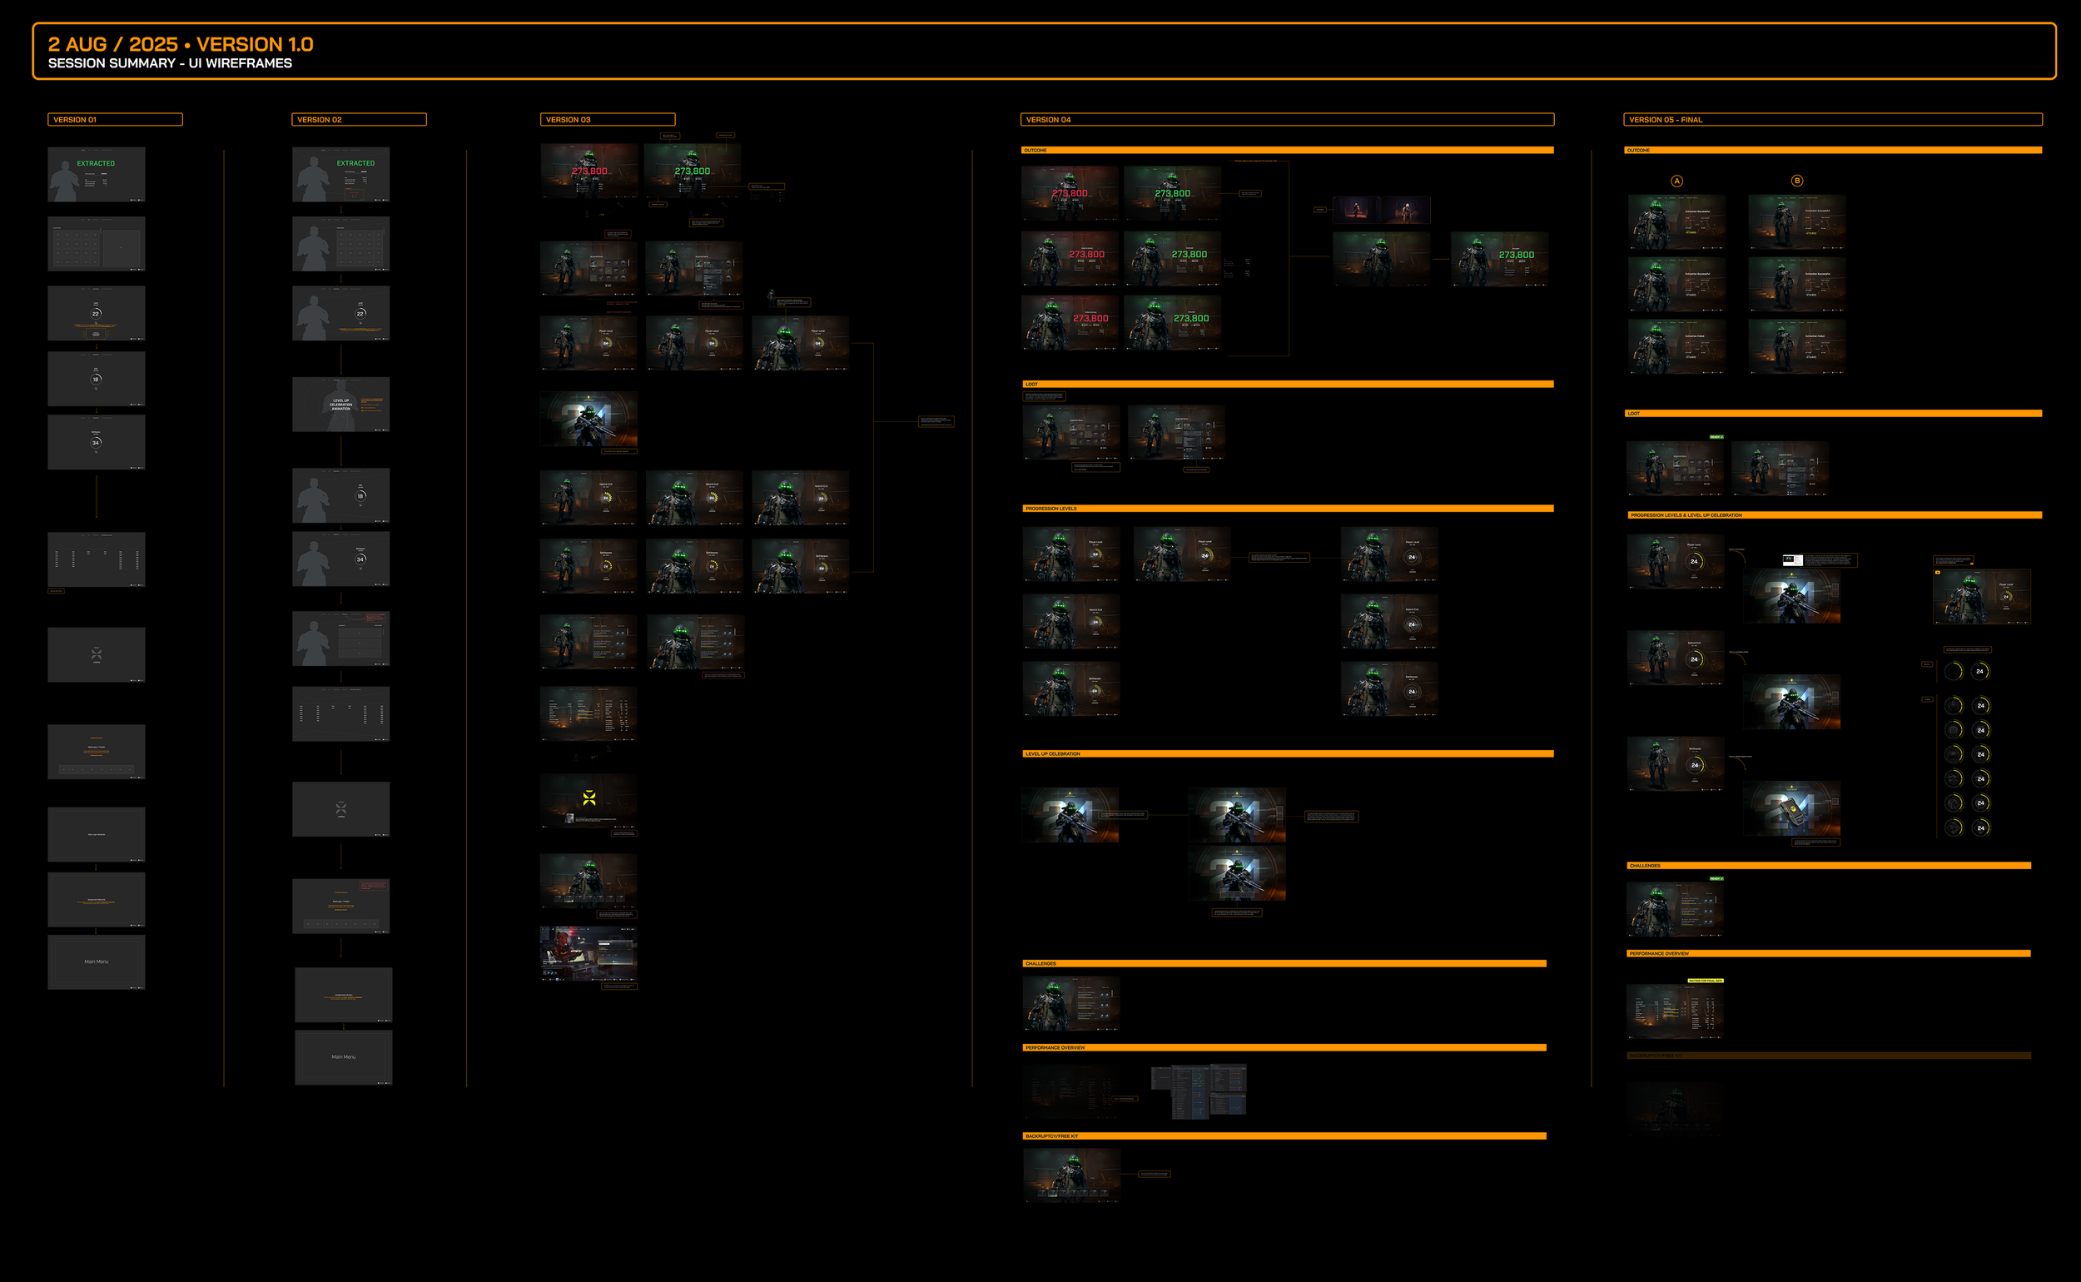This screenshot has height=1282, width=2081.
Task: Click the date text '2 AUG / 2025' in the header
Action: (112, 44)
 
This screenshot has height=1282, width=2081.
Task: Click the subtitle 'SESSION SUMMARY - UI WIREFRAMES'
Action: (170, 63)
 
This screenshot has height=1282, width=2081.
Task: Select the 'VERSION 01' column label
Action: (76, 120)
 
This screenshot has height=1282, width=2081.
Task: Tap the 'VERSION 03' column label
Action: (568, 120)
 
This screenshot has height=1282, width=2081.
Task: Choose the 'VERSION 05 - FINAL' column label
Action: (1665, 120)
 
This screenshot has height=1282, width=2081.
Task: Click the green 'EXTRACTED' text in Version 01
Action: (96, 164)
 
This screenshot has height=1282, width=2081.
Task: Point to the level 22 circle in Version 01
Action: (96, 314)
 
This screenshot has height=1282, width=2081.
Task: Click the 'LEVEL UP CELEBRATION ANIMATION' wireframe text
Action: (340, 405)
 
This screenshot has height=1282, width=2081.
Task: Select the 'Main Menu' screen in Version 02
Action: (343, 1056)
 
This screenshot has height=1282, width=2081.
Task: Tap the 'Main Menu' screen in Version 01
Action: (97, 961)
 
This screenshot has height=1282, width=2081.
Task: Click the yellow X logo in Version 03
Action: (589, 798)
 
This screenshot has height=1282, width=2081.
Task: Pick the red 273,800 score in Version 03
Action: (589, 171)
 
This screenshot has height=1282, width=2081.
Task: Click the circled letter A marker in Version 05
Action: (1676, 181)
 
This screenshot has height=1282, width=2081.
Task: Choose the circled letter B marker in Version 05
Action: (1797, 181)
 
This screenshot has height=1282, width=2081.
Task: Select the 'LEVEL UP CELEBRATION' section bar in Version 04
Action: (1053, 753)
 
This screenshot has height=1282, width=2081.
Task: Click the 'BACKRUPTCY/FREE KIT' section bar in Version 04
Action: (1052, 1136)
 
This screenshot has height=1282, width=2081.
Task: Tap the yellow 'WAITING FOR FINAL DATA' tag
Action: (1706, 981)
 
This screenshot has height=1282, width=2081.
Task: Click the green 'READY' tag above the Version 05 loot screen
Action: (1716, 437)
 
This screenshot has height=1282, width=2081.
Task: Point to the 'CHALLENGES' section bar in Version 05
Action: (1645, 866)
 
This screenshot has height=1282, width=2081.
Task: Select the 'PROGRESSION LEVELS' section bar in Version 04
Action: (1051, 509)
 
